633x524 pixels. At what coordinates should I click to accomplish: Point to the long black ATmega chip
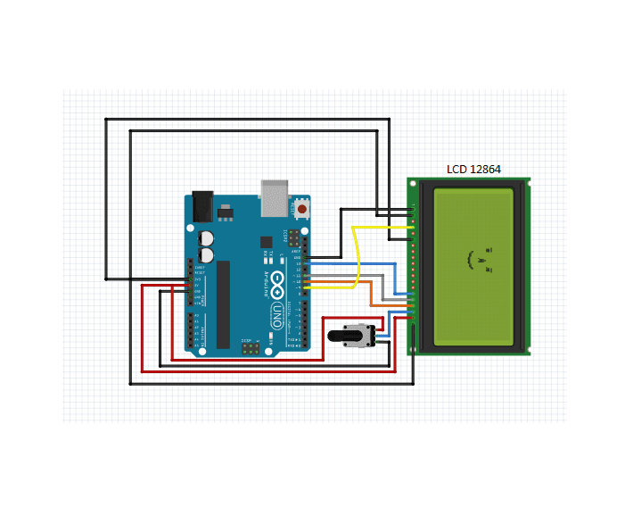tap(223, 303)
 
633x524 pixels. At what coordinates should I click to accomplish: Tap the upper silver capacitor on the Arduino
tap(207, 238)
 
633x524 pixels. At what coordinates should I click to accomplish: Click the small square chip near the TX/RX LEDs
tap(265, 242)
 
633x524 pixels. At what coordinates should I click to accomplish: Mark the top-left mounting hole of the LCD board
tap(413, 183)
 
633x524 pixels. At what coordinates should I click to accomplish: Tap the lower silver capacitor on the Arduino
tap(207, 254)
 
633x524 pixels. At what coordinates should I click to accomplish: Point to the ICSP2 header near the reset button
tap(291, 238)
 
